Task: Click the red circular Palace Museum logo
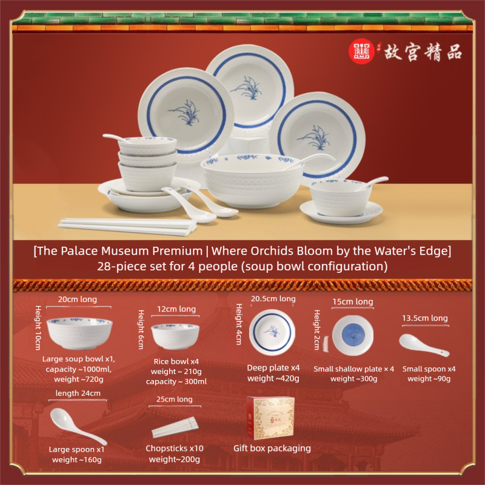361,51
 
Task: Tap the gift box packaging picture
270,418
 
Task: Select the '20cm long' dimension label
78,299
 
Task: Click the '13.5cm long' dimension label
425,318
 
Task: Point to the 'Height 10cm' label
38,327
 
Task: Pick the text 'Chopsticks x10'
175,448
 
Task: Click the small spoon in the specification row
424,345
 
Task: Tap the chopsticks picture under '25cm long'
175,427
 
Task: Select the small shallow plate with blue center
353,335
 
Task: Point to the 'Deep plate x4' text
273,368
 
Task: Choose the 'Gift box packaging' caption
272,448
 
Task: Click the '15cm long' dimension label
353,301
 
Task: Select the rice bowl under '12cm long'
175,336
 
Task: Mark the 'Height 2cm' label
316,330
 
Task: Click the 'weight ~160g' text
77,460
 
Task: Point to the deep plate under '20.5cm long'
272,332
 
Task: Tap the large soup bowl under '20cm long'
79,333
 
